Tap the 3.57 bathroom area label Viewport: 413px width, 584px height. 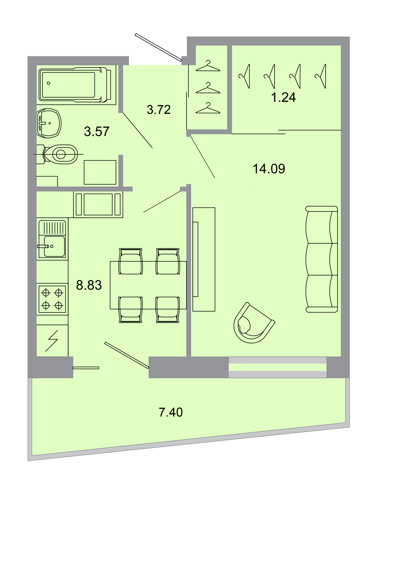tap(97, 132)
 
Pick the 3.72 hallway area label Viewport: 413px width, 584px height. tap(159, 110)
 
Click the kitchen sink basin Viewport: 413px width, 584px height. tap(54, 246)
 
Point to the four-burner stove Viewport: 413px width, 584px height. tap(52, 299)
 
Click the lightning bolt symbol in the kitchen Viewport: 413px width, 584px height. tap(52, 341)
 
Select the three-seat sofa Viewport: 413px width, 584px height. tap(321, 259)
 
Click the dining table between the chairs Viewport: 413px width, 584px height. tap(148, 285)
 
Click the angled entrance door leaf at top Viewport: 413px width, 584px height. tap(158, 47)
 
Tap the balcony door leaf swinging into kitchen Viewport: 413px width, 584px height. tap(126, 355)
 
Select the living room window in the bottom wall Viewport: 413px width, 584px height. tap(277, 367)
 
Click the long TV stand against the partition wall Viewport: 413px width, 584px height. tap(204, 259)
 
